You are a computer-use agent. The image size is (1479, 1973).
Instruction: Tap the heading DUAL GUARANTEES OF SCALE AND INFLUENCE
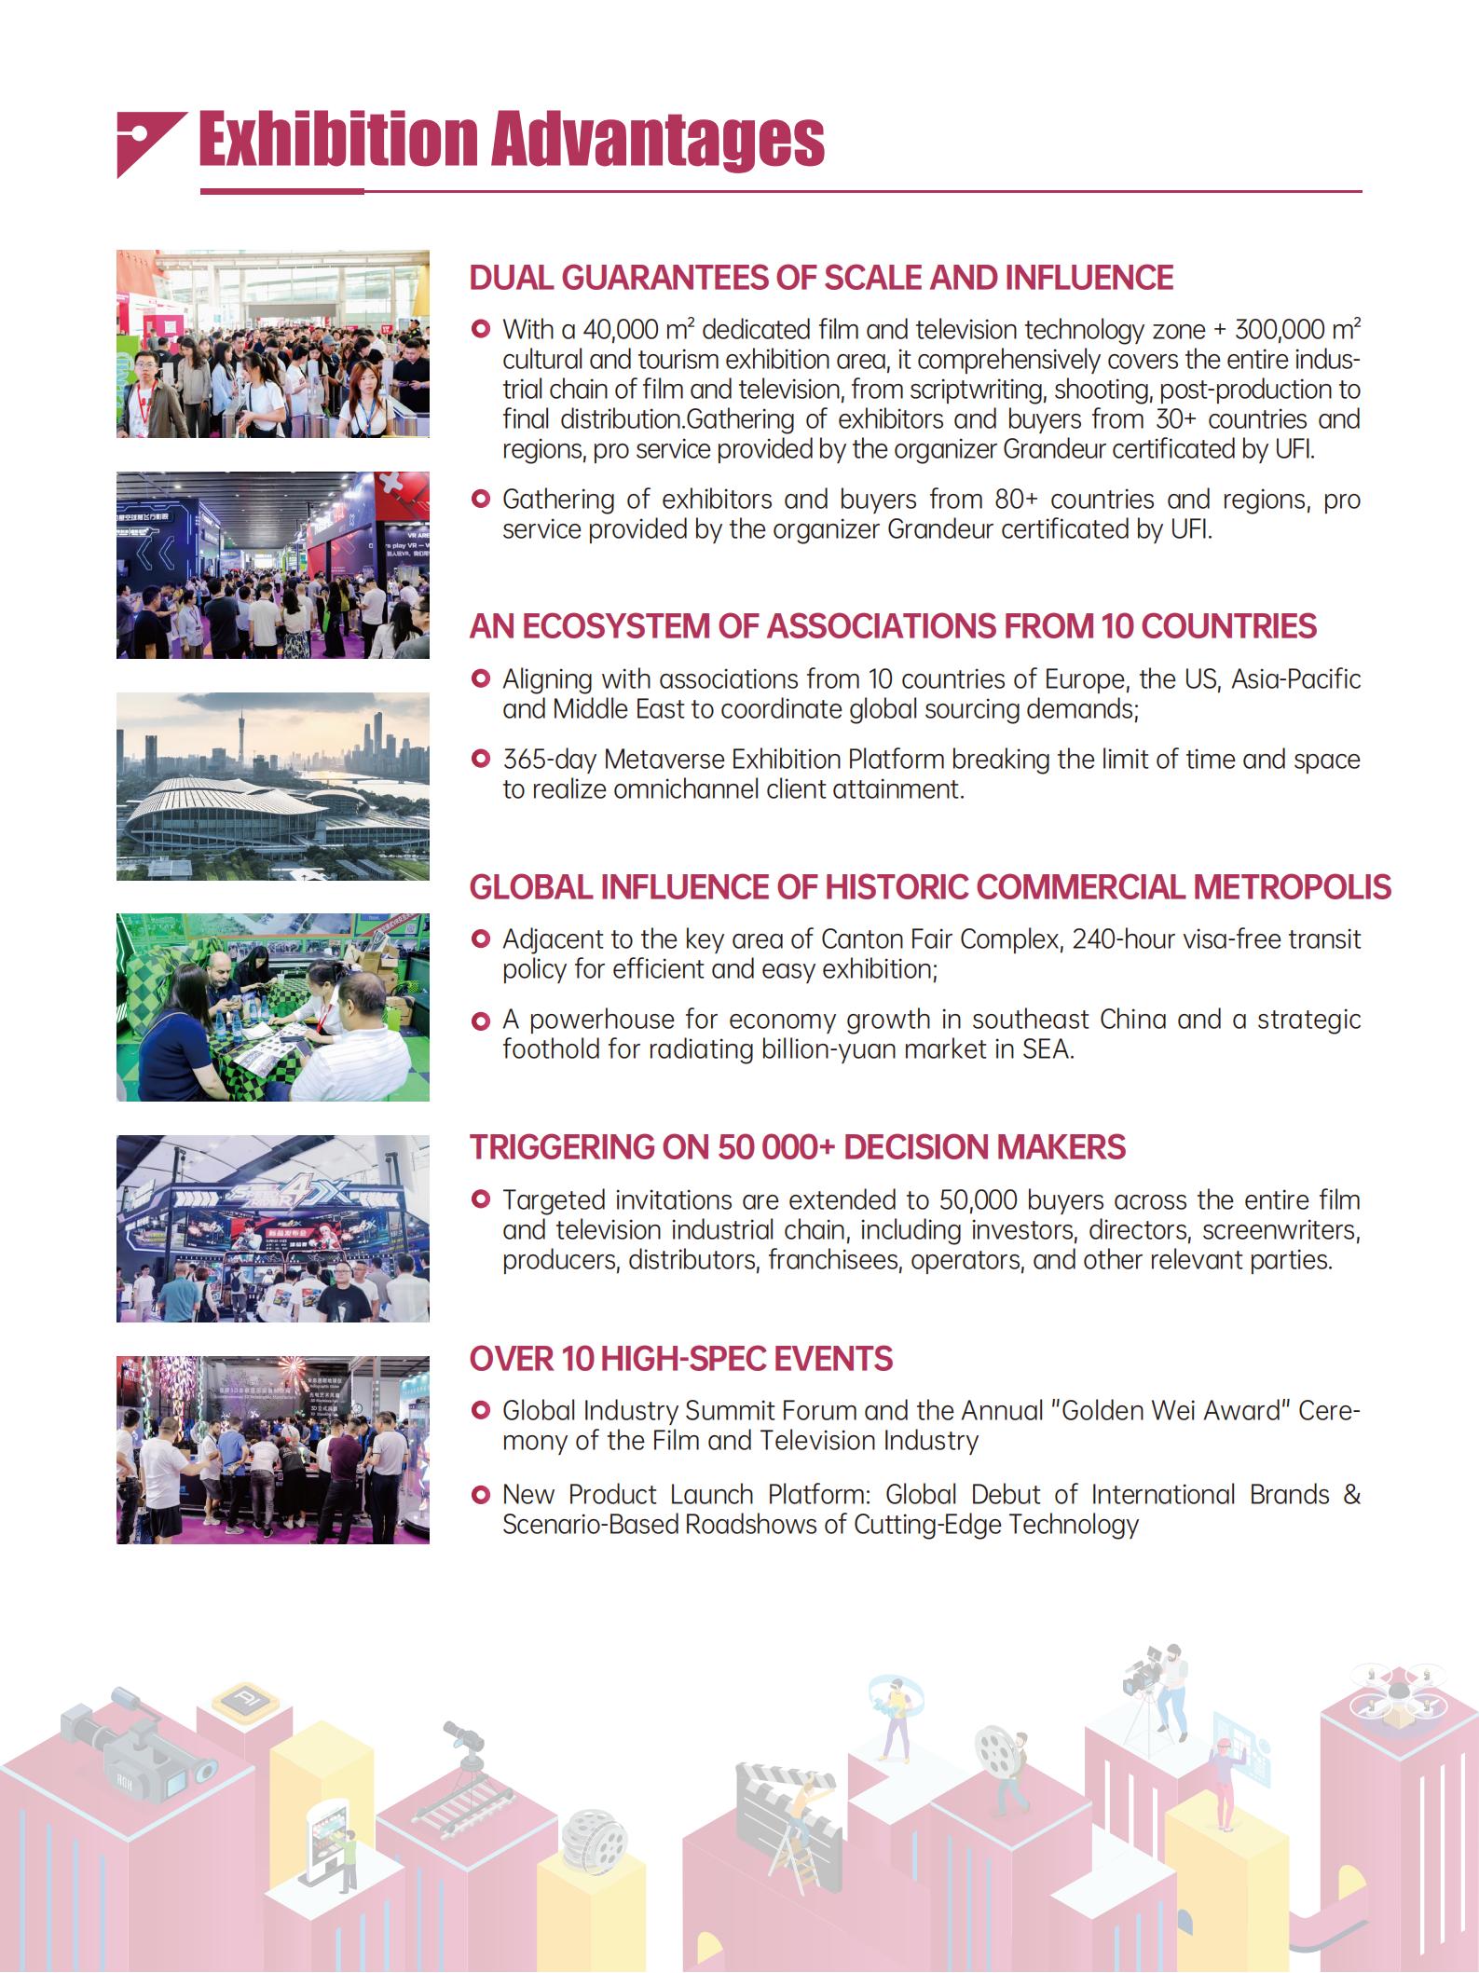820,278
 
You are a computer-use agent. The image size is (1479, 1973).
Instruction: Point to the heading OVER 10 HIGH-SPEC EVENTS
680,1359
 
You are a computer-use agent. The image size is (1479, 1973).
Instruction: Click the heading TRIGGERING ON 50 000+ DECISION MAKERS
797,1147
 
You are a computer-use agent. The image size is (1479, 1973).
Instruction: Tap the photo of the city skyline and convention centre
272,787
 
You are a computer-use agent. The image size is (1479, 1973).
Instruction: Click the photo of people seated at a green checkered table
272,1007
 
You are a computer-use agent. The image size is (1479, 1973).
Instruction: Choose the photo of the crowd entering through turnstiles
272,344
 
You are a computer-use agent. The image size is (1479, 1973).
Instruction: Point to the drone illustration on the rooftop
1394,1688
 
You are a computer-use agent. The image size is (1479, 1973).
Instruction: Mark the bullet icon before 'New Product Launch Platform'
481,1496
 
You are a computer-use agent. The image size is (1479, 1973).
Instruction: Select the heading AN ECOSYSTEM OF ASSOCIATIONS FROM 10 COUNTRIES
892,626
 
